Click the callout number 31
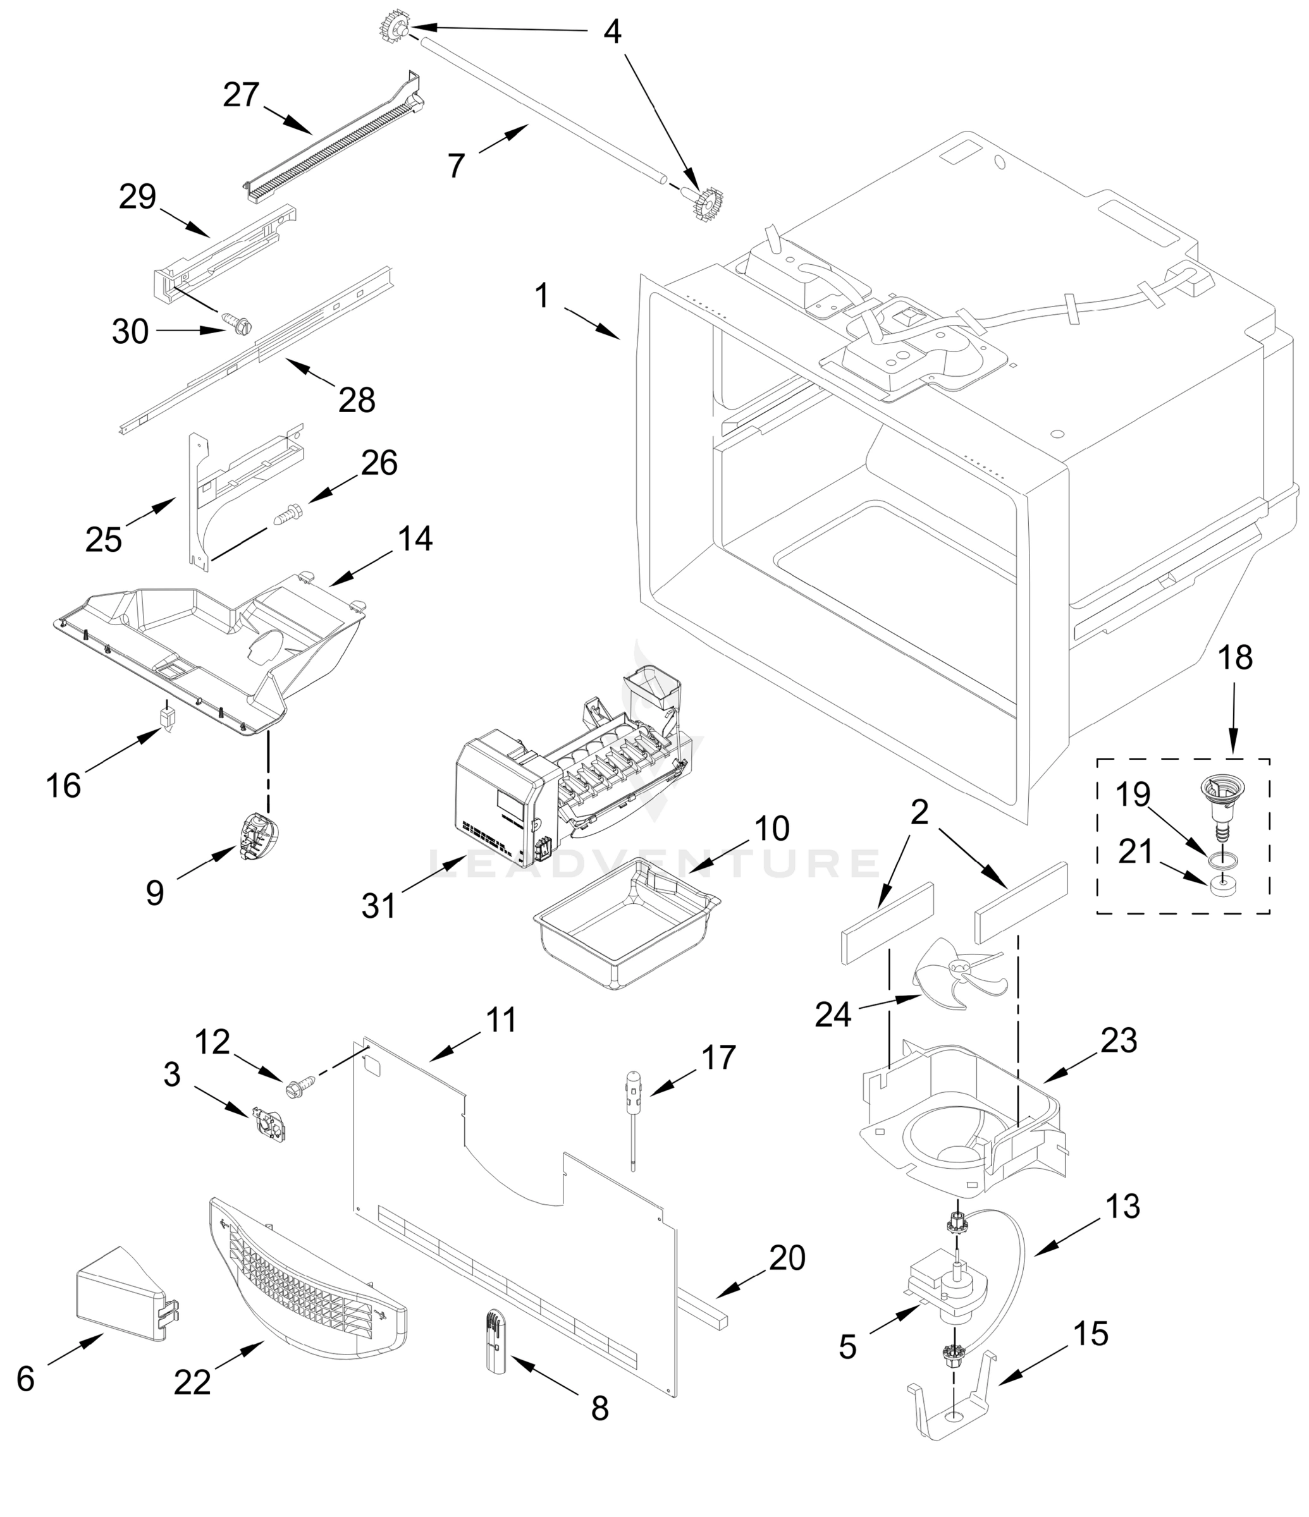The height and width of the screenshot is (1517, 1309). point(379,906)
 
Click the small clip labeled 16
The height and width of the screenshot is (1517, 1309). point(168,717)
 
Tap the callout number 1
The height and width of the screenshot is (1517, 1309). point(541,296)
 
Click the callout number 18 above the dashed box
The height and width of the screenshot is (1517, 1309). point(1235,657)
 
